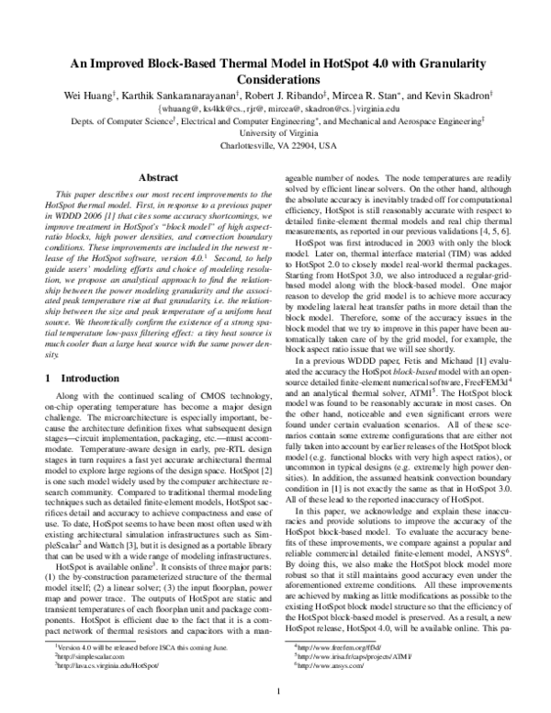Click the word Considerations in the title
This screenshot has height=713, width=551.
coord(275,75)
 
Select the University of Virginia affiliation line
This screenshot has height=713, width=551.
coord(275,132)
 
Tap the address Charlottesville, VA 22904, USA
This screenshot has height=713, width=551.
coord(275,145)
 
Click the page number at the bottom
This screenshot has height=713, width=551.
coord(275,691)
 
